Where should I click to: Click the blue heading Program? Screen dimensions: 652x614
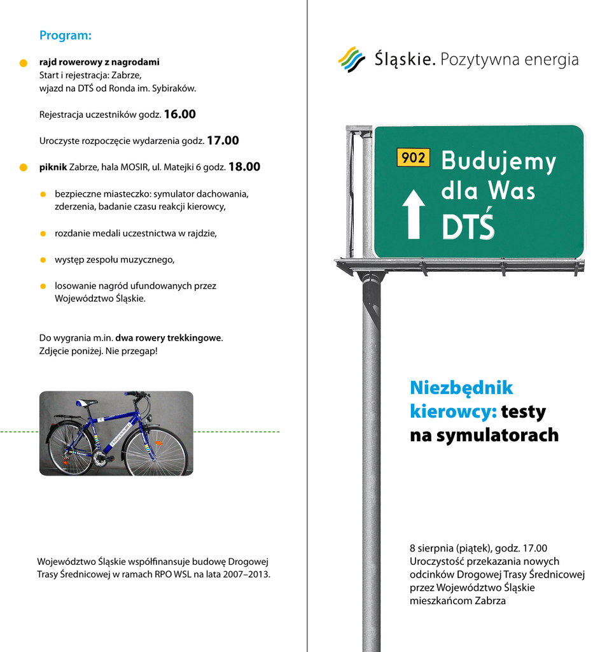[66, 36]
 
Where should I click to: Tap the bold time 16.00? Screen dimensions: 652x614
[179, 115]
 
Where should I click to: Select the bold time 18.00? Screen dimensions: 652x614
[244, 167]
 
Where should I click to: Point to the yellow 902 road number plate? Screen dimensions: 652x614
[413, 157]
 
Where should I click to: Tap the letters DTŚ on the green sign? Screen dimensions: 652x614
[468, 227]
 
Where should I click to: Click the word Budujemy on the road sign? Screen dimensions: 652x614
[498, 162]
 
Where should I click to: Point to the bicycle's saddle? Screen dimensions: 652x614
[87, 403]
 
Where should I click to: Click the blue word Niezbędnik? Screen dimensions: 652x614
[461, 388]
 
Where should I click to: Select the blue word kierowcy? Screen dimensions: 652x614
[453, 412]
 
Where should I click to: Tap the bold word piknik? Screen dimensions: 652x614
[53, 167]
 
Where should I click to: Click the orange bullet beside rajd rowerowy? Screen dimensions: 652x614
[24, 63]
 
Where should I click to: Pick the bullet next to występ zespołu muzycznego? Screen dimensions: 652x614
[43, 260]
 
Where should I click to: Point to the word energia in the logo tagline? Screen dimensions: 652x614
[551, 60]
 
